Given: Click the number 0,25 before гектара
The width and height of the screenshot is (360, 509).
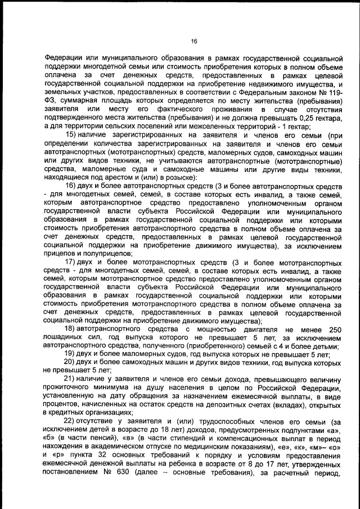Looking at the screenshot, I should click(x=300, y=118).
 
